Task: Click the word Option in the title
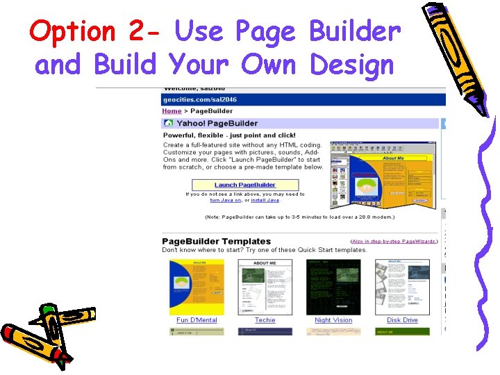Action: point(73,31)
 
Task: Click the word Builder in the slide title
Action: point(355,31)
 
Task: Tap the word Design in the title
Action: point(352,65)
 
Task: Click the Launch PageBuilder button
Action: point(245,185)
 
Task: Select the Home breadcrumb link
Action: point(172,111)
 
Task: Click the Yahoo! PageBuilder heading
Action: point(217,123)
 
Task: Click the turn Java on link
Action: point(226,200)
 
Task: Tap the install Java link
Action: point(265,200)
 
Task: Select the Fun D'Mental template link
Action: point(197,320)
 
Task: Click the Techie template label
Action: point(265,320)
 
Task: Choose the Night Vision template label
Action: point(333,320)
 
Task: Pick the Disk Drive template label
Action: point(402,320)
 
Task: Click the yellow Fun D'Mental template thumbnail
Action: point(197,287)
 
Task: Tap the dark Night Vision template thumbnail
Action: point(333,287)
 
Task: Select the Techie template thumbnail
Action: point(265,287)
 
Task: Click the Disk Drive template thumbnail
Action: point(402,287)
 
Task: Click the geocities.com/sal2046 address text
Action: point(199,100)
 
